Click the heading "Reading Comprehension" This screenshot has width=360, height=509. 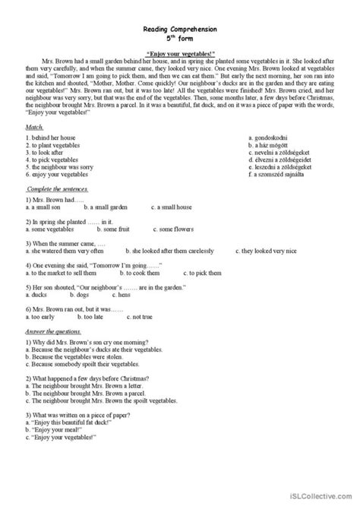click(180, 28)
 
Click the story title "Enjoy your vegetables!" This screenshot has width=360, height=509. click(180, 46)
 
